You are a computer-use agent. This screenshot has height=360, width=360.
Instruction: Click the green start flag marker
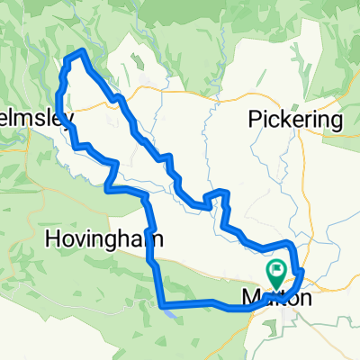tap(278, 269)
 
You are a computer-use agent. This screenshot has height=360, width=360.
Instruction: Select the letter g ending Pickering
tap(337, 122)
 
